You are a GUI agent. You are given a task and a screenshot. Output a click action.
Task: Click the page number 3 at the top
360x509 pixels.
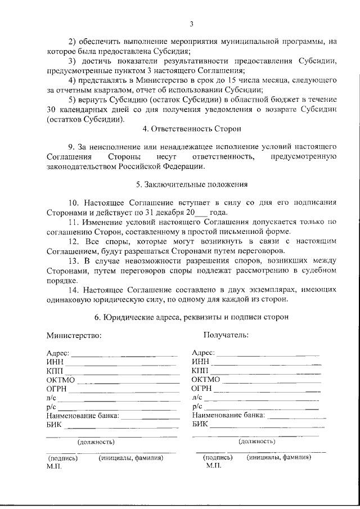point(191,24)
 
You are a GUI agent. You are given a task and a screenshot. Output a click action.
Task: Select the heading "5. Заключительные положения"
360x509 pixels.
point(191,184)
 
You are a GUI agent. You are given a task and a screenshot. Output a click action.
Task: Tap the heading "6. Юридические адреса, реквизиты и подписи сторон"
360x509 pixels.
point(191,317)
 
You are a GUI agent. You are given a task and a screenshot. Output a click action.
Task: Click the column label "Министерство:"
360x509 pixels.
point(74,335)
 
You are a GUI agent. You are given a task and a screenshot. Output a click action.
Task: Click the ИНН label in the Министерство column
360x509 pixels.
point(55,362)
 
